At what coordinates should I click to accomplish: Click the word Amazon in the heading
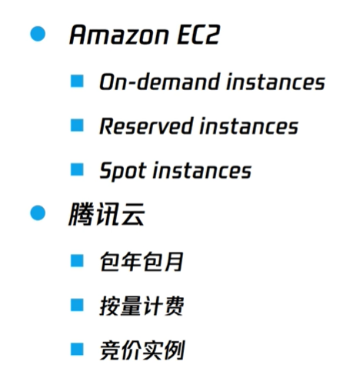pyautogui.click(x=119, y=35)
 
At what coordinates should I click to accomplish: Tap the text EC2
pyautogui.click(x=198, y=35)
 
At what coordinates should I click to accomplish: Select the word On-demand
pyautogui.click(x=160, y=82)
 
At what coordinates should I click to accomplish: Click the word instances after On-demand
pyautogui.click(x=275, y=82)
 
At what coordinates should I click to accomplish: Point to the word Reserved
pyautogui.click(x=146, y=126)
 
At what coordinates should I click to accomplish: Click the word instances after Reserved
pyautogui.click(x=248, y=126)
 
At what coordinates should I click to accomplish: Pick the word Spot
pyautogui.click(x=123, y=171)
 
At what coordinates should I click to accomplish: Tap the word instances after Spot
pyautogui.click(x=202, y=170)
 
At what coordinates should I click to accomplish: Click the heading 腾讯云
pyautogui.click(x=106, y=214)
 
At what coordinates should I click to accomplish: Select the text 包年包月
pyautogui.click(x=142, y=261)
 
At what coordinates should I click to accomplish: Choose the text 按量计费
pyautogui.click(x=142, y=306)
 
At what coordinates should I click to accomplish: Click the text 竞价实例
pyautogui.click(x=142, y=350)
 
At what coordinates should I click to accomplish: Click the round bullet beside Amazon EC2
pyautogui.click(x=38, y=34)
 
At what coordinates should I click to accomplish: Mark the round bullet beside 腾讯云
pyautogui.click(x=38, y=213)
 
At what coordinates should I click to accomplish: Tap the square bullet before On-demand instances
pyautogui.click(x=77, y=81)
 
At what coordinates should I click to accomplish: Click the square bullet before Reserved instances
pyautogui.click(x=77, y=126)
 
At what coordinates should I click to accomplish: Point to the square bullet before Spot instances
pyautogui.click(x=77, y=169)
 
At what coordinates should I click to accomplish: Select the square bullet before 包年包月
pyautogui.click(x=77, y=261)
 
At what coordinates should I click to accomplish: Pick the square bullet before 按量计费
pyautogui.click(x=77, y=305)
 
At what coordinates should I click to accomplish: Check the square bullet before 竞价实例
pyautogui.click(x=77, y=350)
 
